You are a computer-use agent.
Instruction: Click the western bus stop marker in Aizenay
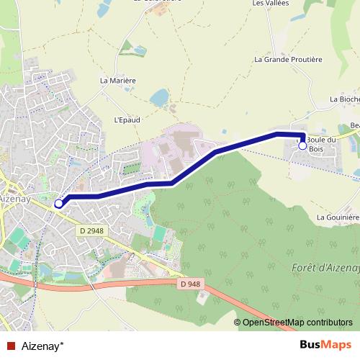[58, 204]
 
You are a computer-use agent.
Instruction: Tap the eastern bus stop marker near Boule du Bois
[302, 146]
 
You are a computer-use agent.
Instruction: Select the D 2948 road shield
[91, 230]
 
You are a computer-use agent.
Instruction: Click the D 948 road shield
[189, 284]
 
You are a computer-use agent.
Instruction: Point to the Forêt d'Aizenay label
[326, 268]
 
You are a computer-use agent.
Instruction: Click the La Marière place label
[118, 81]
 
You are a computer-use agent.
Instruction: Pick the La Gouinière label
[338, 217]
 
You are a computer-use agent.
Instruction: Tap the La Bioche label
[343, 99]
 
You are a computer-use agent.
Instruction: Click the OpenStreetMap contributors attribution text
[297, 322]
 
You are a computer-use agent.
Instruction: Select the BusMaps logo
[325, 344]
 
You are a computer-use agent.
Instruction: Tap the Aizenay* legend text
[42, 345]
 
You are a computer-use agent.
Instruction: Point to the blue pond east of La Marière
[159, 96]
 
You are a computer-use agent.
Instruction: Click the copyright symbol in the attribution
[238, 322]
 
